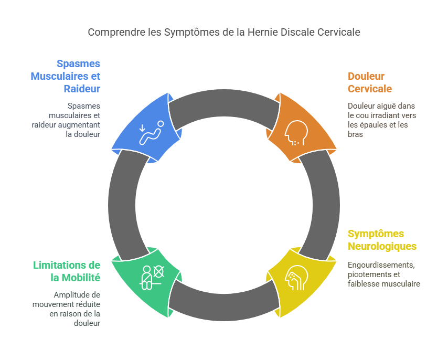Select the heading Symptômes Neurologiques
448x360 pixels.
point(382,240)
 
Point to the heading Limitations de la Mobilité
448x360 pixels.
point(67,271)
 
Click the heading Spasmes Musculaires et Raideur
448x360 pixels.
point(66,76)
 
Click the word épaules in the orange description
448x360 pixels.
point(371,125)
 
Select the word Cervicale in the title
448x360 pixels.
point(339,32)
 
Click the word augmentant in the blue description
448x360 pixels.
point(83,124)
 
